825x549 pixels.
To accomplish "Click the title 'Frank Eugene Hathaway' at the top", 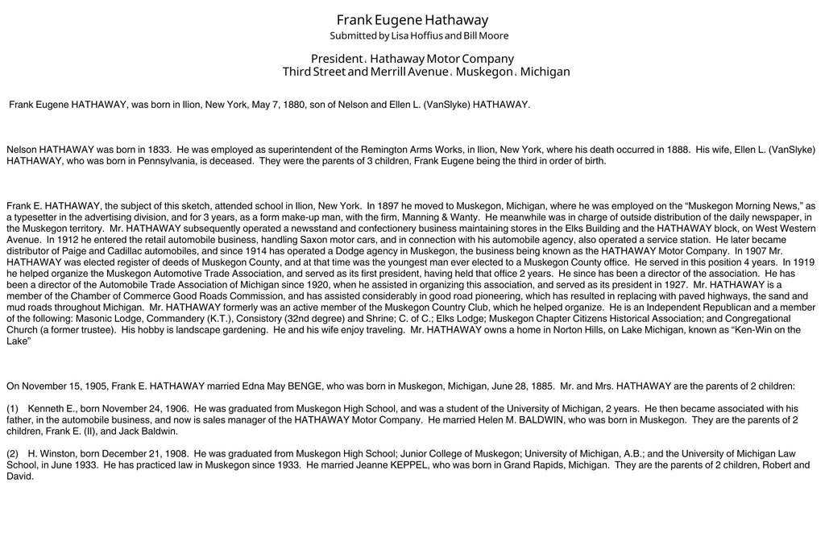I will pyautogui.click(x=412, y=19).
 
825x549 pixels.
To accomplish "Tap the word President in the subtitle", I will pyautogui.click(x=337, y=59).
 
